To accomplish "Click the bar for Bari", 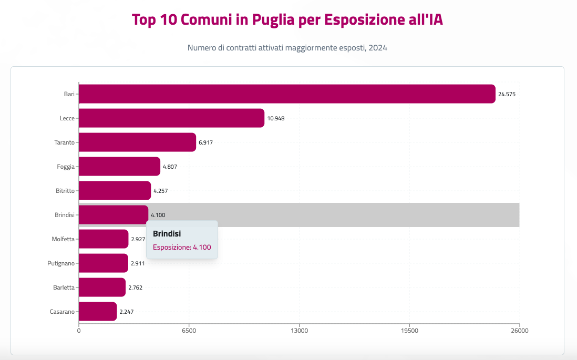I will (x=287, y=94).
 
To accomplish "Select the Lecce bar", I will (x=171, y=118).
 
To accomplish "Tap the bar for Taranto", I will (x=137, y=142).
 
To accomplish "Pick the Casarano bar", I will (x=98, y=312).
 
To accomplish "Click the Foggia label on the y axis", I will (x=66, y=167).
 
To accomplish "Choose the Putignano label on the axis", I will (x=61, y=263).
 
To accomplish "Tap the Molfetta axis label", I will (x=63, y=239).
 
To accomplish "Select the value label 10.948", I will (x=276, y=118).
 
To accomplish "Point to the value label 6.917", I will (x=205, y=142).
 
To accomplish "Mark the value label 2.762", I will (x=136, y=287).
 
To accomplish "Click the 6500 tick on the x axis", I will (x=189, y=331).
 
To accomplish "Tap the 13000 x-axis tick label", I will (x=299, y=331).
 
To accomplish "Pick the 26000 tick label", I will (x=519, y=331).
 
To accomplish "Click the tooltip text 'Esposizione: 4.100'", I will (x=182, y=247).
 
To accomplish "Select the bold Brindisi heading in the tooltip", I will (x=167, y=233).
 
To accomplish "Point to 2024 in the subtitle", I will (x=377, y=48).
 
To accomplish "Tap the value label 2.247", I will (x=127, y=312).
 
